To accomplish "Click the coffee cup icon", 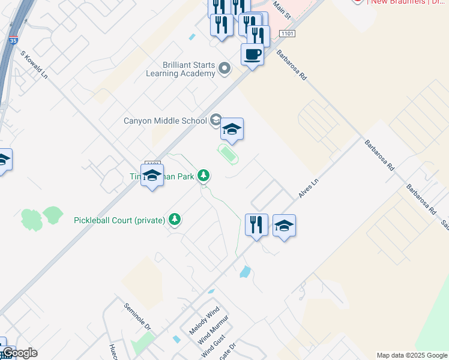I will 252,55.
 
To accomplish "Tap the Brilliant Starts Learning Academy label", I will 181,69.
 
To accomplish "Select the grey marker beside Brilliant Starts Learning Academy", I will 224,68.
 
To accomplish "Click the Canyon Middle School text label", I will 165,121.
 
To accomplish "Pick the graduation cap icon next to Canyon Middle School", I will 232,129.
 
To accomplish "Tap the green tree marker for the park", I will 204,175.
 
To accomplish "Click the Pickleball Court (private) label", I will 119,220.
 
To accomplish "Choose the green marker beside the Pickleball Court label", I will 175,220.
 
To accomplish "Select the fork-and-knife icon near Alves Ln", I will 256,225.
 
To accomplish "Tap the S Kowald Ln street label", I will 34,65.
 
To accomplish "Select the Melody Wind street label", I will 205,323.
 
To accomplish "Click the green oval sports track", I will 228,154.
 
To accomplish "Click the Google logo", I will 19,353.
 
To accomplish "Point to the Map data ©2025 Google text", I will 412,355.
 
